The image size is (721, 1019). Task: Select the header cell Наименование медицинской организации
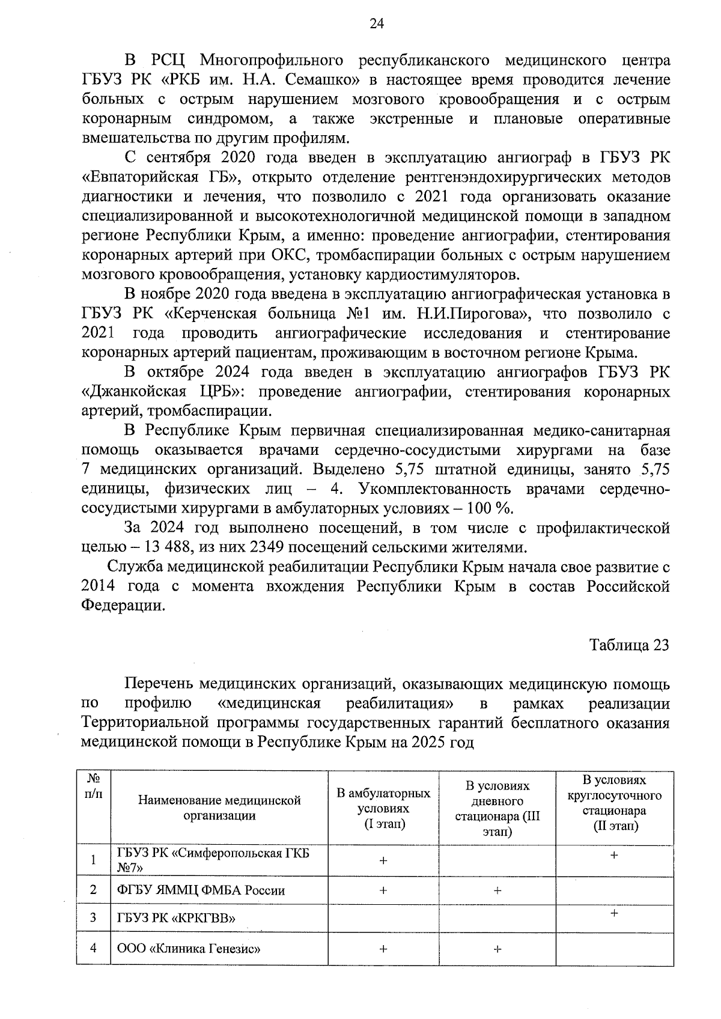pos(219,808)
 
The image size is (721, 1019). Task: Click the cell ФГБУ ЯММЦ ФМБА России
pos(201,890)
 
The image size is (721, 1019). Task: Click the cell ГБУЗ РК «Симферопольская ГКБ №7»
pos(213,860)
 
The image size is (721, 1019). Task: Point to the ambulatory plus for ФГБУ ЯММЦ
pos(383,890)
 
